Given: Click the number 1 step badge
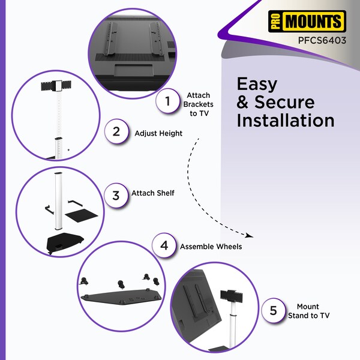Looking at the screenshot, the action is click(167, 101).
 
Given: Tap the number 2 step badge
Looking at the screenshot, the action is click(116, 131).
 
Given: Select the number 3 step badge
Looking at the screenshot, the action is click(116, 196).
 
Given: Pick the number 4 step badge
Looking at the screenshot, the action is click(164, 245).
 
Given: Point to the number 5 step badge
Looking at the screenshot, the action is click(273, 310).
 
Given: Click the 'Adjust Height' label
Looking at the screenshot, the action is click(158, 133).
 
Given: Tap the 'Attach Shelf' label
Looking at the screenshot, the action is click(152, 193).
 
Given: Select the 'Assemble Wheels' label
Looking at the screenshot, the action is click(211, 247).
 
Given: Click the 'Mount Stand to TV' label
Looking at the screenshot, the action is click(308, 311).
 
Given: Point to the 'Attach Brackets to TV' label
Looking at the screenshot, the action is click(199, 104).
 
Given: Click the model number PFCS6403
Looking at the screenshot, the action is click(322, 40).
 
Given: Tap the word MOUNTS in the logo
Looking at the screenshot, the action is click(313, 21).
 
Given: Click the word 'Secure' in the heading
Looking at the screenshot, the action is click(284, 102).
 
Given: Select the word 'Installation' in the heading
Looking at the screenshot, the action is click(286, 121).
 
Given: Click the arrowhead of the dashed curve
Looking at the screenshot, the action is click(250, 236).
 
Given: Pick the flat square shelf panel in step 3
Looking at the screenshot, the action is click(82, 215).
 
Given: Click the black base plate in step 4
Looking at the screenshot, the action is click(121, 298).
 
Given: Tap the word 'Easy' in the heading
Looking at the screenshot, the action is click(257, 85).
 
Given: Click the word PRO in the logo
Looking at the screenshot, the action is click(275, 21).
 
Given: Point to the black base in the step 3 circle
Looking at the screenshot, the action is click(65, 242).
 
